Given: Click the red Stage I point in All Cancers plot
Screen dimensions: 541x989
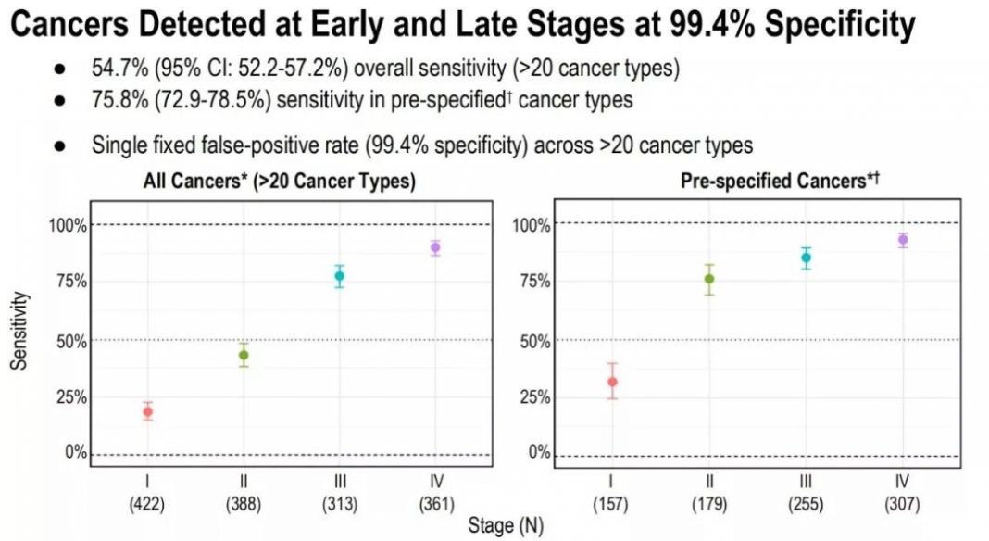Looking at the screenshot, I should coord(147,411).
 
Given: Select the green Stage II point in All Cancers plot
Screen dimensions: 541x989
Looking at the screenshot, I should coord(244,355).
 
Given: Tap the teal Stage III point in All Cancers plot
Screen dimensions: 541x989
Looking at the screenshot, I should coord(340,276).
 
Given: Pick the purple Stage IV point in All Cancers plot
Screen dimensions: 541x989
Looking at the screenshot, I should coord(435,247).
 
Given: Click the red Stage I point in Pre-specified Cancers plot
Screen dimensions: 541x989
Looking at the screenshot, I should coord(612,382).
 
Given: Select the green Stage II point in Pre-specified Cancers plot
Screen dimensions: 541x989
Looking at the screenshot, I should coord(709,279).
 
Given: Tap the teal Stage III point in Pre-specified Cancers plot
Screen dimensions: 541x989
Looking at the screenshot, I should coord(807,258).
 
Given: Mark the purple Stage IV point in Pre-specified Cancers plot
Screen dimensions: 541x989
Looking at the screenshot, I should coord(903,240).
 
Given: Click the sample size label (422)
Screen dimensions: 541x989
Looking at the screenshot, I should coord(147,504).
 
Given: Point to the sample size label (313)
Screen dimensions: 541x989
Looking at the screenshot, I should coord(339,504).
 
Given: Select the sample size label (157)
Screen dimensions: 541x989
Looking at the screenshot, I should coord(612,504).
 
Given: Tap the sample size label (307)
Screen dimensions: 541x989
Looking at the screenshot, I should coord(903,504).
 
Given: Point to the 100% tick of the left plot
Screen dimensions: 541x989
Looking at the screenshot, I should coord(68,225).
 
